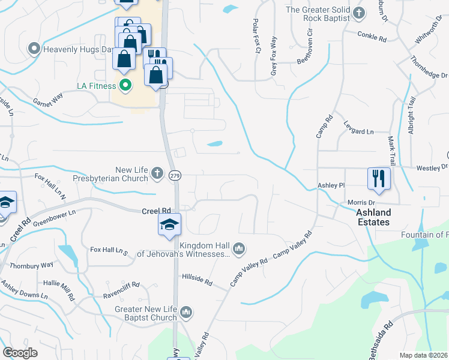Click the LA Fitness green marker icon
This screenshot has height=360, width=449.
tap(125, 86)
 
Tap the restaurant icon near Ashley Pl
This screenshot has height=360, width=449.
tap(379, 178)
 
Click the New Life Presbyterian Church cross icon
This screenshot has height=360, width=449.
tap(157, 174)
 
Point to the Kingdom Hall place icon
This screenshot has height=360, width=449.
tap(239, 248)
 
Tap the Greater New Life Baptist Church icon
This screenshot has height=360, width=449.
tap(186, 312)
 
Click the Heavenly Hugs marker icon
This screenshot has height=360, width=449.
tap(34, 47)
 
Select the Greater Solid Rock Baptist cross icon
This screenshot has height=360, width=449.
tap(359, 13)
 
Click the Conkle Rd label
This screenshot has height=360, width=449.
tap(372, 37)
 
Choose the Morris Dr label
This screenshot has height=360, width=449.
tap(361, 203)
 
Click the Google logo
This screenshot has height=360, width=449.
tap(20, 352)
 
